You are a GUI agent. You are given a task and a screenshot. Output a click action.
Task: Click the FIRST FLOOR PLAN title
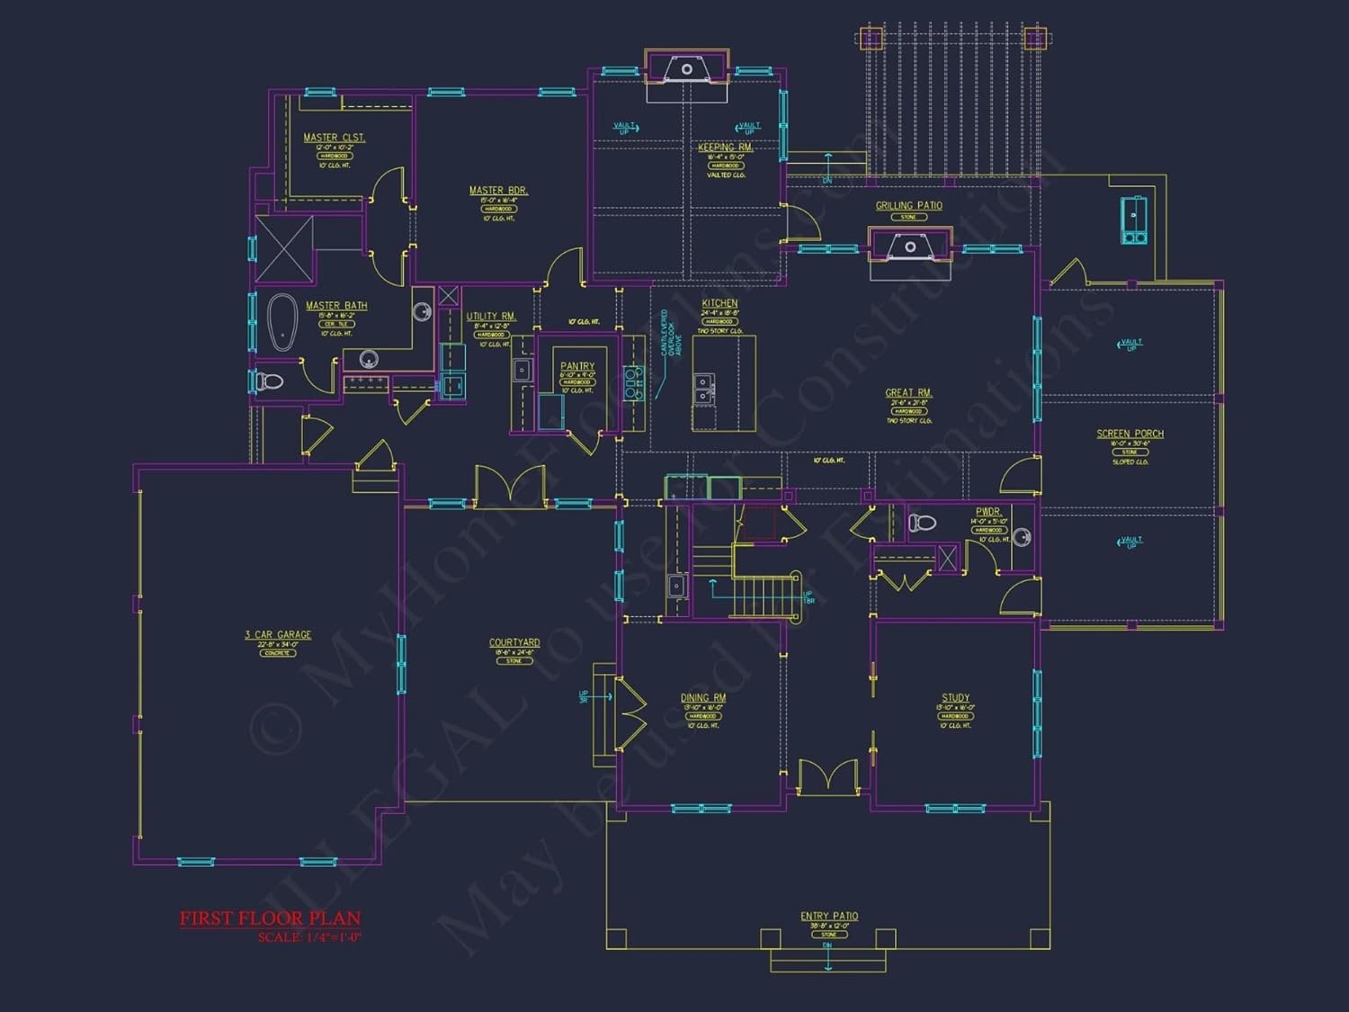pos(270,918)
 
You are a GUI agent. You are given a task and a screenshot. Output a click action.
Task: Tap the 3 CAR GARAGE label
pos(278,635)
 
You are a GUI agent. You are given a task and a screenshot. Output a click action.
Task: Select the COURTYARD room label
pos(514,643)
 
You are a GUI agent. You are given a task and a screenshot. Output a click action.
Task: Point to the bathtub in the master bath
pos(282,321)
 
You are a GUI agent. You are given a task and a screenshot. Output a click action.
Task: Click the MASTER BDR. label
pos(498,191)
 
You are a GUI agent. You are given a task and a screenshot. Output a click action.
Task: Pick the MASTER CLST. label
pos(334,138)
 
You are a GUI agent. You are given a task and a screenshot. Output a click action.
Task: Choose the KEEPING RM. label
pos(725,148)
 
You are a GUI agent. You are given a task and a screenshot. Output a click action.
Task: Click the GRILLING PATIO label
pos(908,206)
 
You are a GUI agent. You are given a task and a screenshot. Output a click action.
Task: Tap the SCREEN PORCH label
pos(1130,434)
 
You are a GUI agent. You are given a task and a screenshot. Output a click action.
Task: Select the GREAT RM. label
pos(908,393)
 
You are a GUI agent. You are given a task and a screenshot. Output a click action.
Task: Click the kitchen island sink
pos(703,390)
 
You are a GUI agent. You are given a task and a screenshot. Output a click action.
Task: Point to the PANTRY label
pos(577,366)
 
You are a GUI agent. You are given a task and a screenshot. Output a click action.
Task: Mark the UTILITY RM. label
pos(491,317)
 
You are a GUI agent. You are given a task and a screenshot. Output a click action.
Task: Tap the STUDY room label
pos(955,698)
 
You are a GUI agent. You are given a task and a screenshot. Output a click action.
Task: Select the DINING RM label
pos(703,698)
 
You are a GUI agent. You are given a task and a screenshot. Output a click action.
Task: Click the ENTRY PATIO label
pos(829,917)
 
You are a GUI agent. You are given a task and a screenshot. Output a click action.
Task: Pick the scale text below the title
pos(309,937)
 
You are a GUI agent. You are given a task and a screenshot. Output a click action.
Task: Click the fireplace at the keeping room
pos(687,69)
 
